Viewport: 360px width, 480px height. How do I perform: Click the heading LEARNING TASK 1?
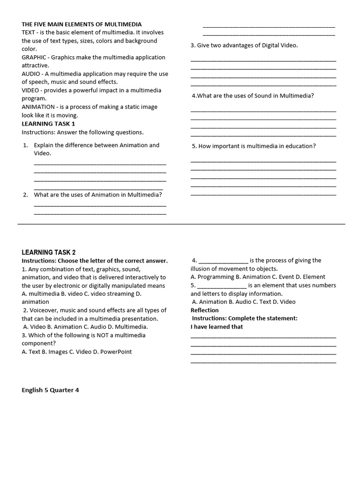(x=48, y=124)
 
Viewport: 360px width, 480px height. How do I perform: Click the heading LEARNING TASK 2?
(x=49, y=252)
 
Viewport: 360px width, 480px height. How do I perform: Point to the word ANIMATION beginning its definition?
(x=38, y=107)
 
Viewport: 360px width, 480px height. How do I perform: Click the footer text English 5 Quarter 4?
(x=50, y=390)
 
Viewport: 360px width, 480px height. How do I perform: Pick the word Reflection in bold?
(x=204, y=310)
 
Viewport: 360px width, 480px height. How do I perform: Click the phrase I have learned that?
(x=217, y=327)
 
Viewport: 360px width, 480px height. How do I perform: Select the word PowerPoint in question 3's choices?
(x=116, y=352)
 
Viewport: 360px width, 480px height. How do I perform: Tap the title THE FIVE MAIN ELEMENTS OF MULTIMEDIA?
(x=82, y=24)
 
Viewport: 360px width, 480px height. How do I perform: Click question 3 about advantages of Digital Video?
(x=244, y=45)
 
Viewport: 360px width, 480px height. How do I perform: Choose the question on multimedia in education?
(x=254, y=146)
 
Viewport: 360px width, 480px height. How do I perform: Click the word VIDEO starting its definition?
(x=30, y=90)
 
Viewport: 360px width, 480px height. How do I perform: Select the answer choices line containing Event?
(x=258, y=277)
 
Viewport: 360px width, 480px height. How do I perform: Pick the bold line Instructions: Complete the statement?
(x=245, y=318)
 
